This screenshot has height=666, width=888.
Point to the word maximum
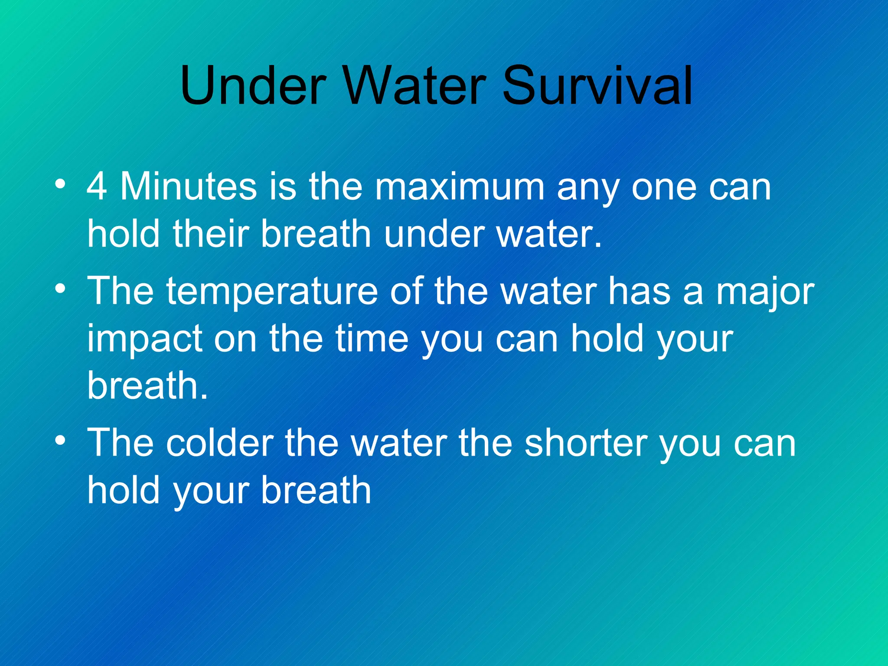pyautogui.click(x=460, y=187)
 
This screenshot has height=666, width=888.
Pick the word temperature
pyautogui.click(x=272, y=291)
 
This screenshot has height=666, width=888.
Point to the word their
pyautogui.click(x=211, y=234)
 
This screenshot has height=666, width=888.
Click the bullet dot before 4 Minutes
pyautogui.click(x=61, y=184)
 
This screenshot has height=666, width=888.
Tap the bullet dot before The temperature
pyautogui.click(x=61, y=288)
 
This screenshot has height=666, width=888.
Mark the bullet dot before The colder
pyautogui.click(x=61, y=440)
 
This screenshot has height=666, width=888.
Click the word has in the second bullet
pyautogui.click(x=640, y=291)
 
